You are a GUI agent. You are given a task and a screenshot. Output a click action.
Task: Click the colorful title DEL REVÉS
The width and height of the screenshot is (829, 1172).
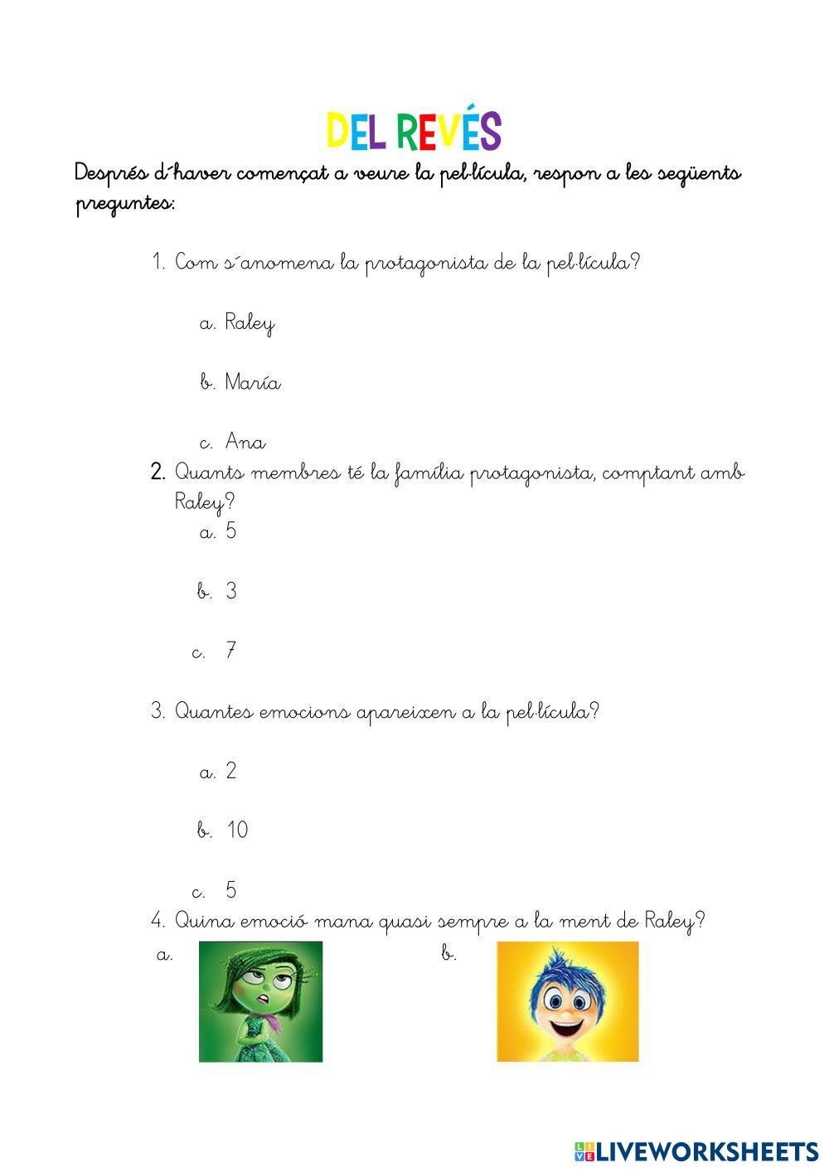tap(414, 132)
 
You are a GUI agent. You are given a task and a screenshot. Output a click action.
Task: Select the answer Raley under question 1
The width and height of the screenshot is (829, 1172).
tap(249, 322)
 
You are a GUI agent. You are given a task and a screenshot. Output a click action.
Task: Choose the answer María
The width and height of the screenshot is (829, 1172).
tap(252, 382)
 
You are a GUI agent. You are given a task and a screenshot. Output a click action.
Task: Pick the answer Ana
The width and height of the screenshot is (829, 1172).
tap(245, 442)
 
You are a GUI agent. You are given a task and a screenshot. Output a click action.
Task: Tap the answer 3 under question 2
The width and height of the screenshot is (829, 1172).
tap(231, 591)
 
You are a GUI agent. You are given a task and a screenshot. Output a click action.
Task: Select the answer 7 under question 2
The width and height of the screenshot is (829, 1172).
tap(231, 651)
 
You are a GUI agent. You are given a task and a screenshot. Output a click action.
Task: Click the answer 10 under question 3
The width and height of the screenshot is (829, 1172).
tap(237, 830)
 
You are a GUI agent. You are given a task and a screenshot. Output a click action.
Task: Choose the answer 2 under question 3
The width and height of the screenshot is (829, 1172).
tap(231, 771)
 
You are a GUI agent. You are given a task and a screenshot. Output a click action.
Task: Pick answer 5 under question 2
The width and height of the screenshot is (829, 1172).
tap(231, 531)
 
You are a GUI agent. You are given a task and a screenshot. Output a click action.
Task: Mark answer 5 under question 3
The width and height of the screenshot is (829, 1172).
tap(231, 890)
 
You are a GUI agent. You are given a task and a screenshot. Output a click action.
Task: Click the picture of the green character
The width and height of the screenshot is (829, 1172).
tap(260, 1001)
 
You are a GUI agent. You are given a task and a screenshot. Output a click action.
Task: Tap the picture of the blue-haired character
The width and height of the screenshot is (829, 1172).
tap(567, 1001)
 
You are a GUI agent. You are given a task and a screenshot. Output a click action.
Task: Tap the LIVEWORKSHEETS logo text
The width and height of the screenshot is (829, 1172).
tap(707, 1151)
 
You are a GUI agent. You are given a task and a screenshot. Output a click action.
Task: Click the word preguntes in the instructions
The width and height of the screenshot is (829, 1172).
tap(124, 203)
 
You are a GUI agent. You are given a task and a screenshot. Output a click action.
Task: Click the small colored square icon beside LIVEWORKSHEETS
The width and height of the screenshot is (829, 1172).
tap(584, 1151)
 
